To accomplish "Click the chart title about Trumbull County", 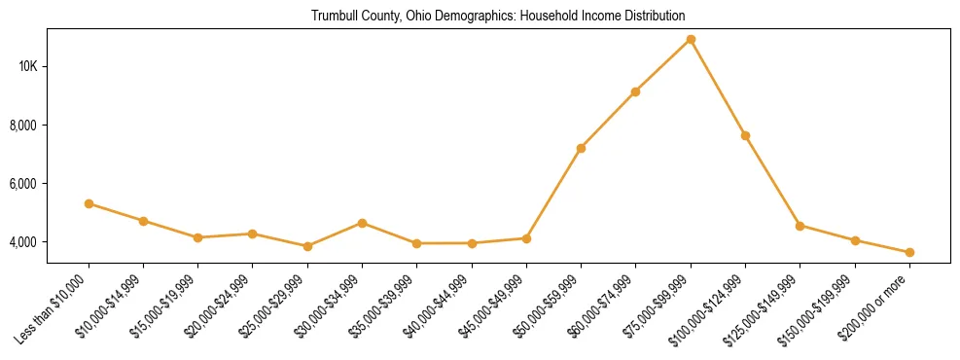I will click(x=498, y=17).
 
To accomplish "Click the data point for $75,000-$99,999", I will click(x=691, y=40).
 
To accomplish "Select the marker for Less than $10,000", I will click(x=89, y=203).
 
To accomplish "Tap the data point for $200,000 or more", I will click(x=909, y=253).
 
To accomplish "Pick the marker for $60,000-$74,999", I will click(x=635, y=91).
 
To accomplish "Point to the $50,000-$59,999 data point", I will click(x=581, y=148).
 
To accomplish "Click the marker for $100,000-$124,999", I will click(x=745, y=135).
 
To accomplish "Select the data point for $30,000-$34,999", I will click(x=362, y=223).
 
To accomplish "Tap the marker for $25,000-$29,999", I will click(x=307, y=246).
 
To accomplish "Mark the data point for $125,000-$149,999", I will click(x=800, y=226).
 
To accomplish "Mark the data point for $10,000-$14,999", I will click(x=143, y=221).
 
